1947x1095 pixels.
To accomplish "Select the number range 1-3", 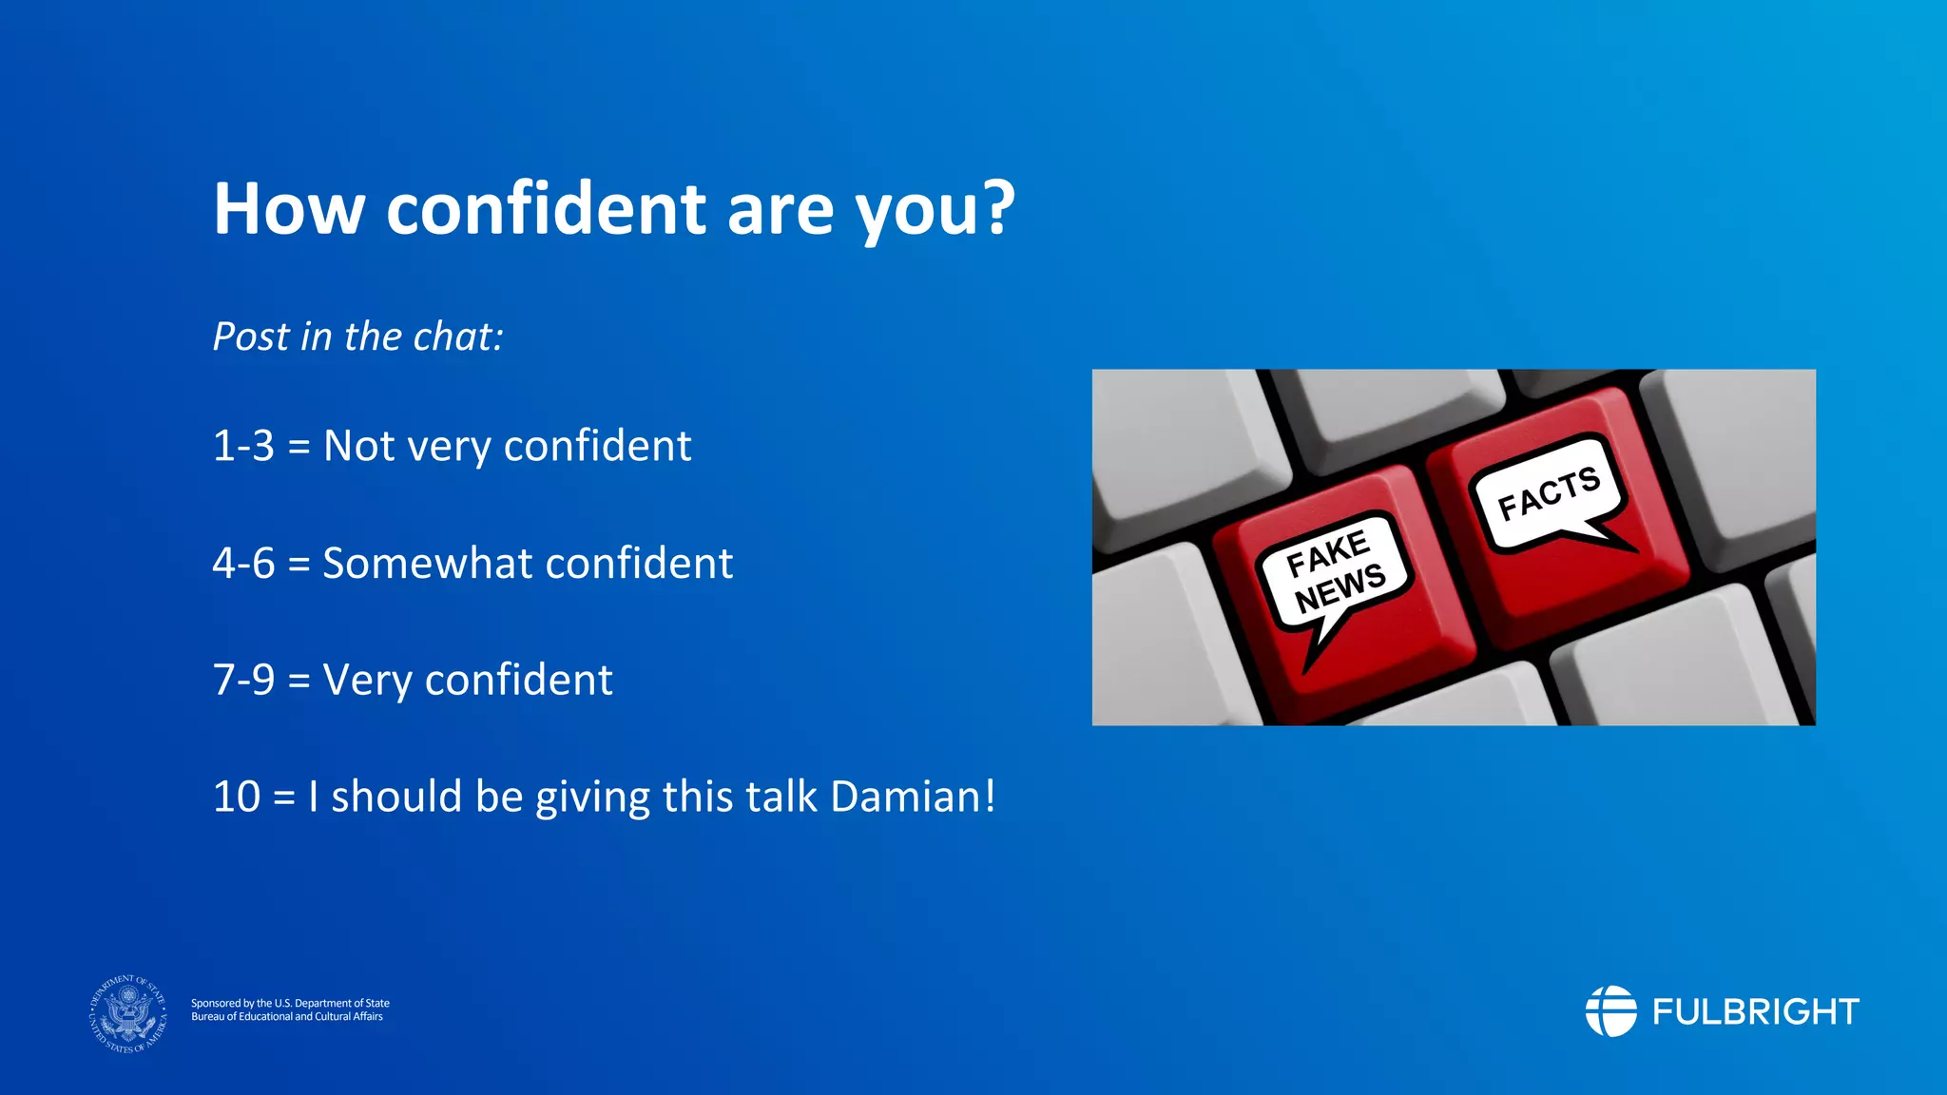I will coord(243,446).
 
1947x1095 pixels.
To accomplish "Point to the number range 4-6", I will coord(243,563).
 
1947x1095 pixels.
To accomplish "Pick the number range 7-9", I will coord(243,680).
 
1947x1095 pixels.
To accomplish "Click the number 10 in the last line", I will coord(236,797).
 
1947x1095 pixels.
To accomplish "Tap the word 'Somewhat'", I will coord(428,563).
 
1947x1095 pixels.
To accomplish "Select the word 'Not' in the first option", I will coord(358,446).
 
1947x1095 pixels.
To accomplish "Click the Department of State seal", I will coord(128,1013).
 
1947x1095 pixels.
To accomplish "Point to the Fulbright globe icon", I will coord(1610,1011).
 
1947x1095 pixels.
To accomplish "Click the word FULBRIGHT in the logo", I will coord(1755,1011).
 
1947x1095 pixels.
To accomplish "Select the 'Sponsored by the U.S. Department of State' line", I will coord(290,1003).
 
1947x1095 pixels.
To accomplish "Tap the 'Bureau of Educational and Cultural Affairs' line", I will coord(287,1017).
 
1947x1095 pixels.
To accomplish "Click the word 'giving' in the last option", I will coord(591,797).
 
